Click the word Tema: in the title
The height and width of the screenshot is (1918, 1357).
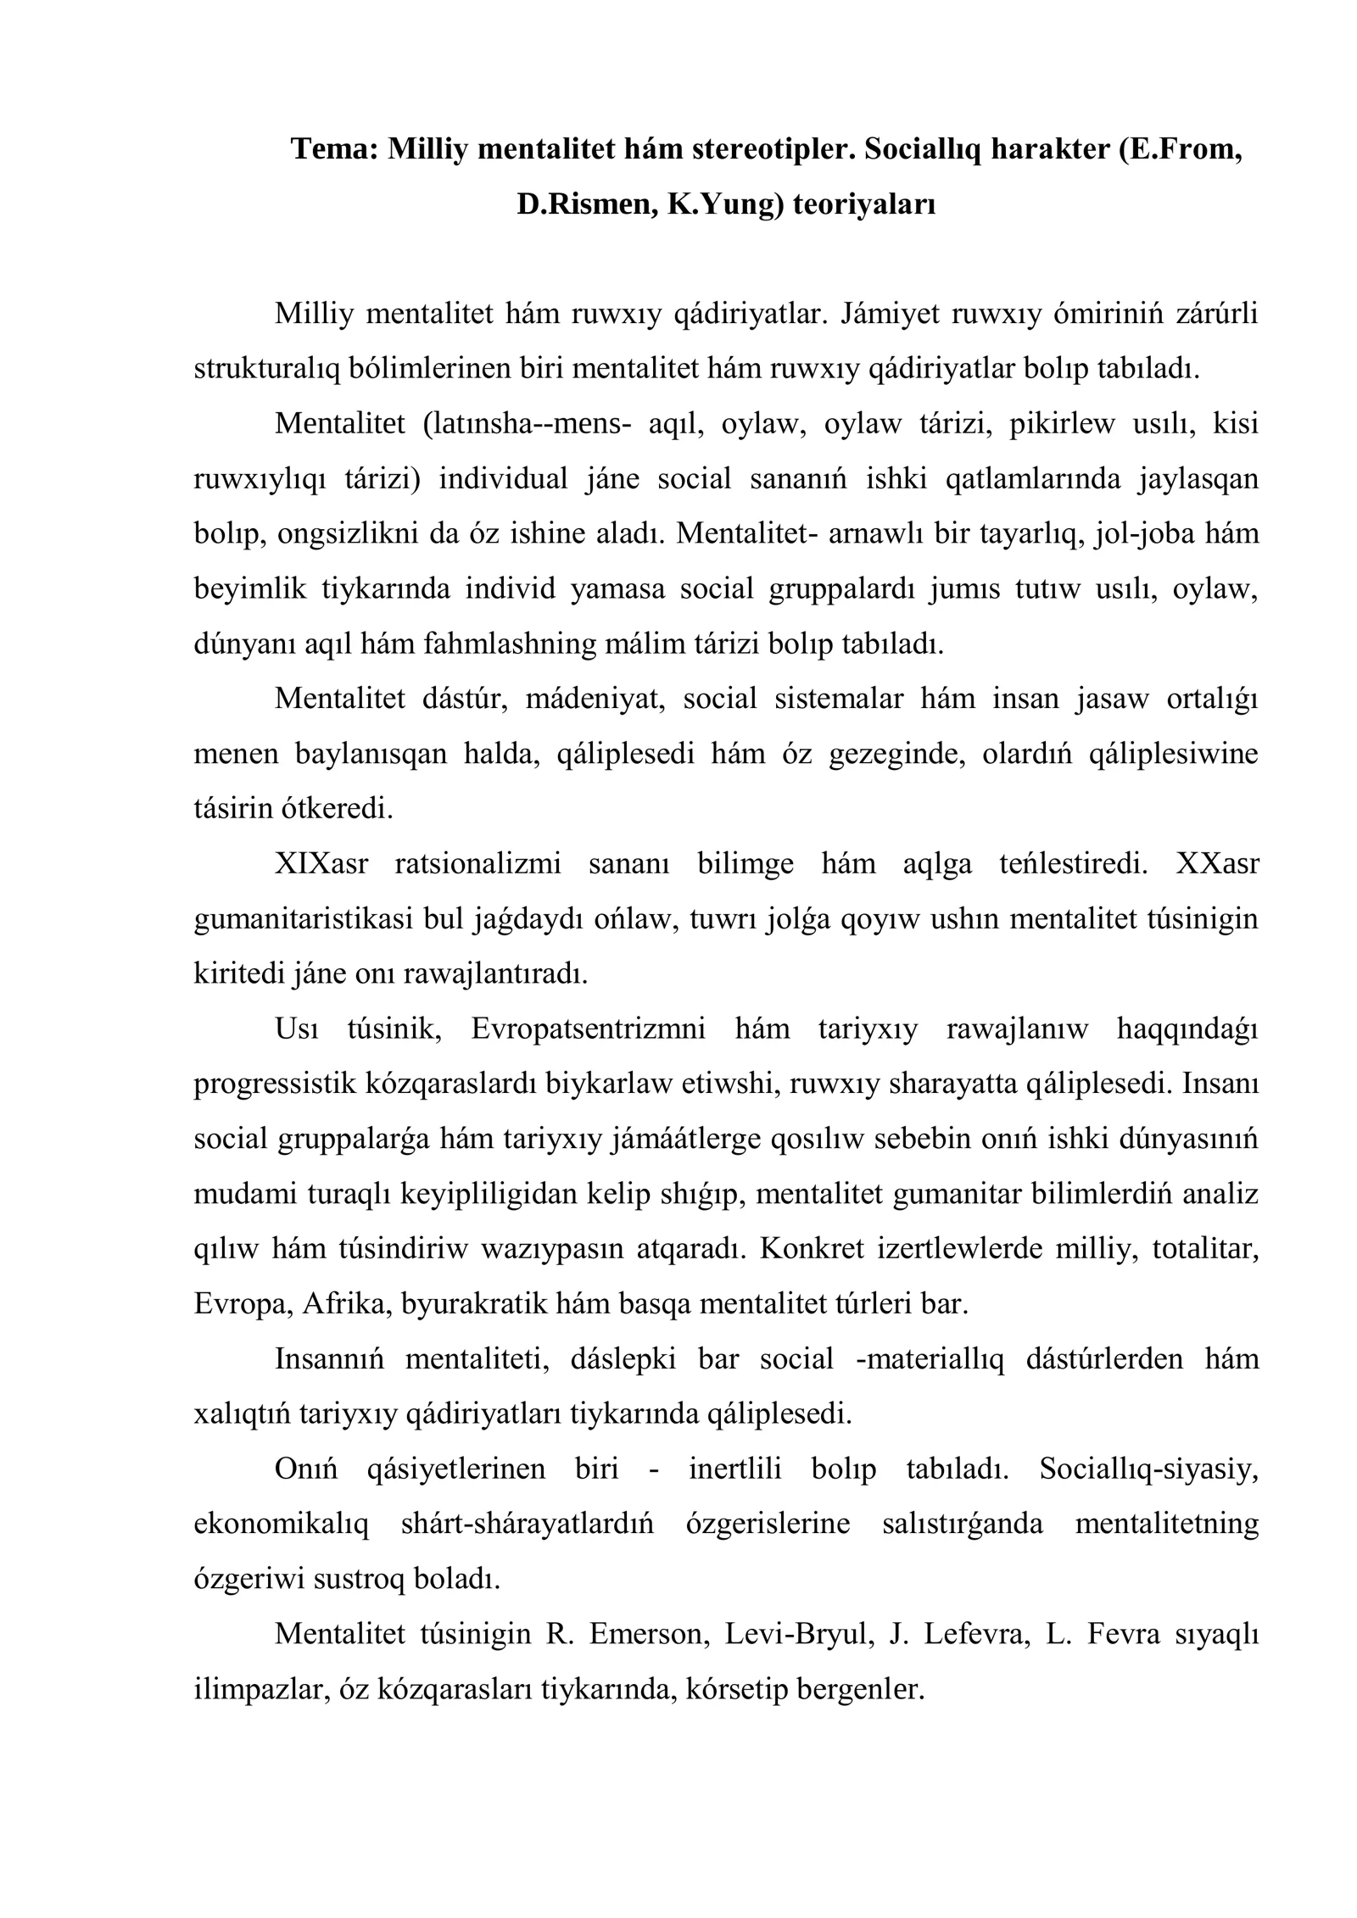pos(334,149)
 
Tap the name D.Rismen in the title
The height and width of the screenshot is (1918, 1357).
pos(585,204)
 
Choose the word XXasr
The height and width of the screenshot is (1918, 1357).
pos(1218,863)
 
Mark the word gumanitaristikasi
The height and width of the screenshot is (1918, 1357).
pos(306,918)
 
